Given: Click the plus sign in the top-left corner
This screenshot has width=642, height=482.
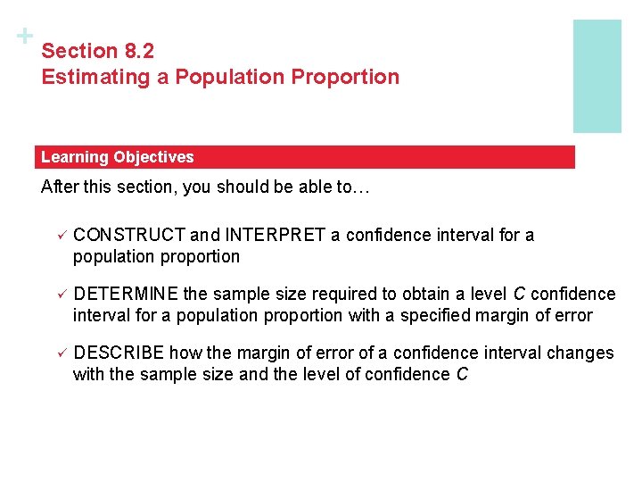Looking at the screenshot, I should pyautogui.click(x=27, y=36).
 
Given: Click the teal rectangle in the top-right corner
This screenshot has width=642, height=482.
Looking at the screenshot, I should pyautogui.click(x=597, y=76).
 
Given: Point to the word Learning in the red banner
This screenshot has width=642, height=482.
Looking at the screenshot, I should pyautogui.click(x=74, y=157).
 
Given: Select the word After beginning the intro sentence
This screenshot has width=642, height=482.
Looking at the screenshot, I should pyautogui.click(x=61, y=188).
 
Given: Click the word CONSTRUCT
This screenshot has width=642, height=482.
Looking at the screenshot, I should pyautogui.click(x=129, y=236).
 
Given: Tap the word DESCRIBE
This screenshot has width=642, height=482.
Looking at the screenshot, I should pyautogui.click(x=119, y=353).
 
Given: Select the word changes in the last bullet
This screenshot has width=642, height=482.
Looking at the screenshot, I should pyautogui.click(x=580, y=353).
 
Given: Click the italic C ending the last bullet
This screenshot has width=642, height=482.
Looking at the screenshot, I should pyautogui.click(x=462, y=375).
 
